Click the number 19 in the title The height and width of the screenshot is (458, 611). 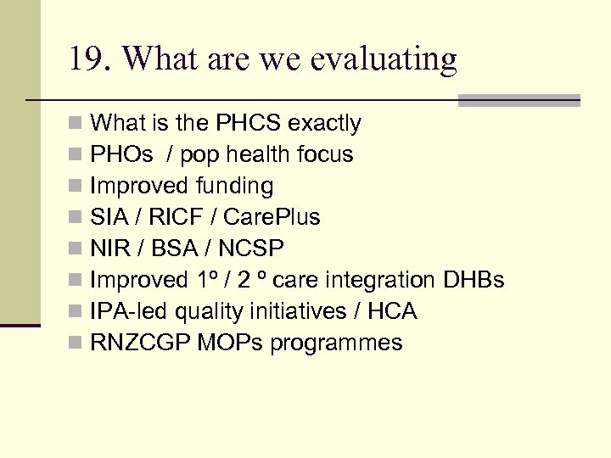click(87, 59)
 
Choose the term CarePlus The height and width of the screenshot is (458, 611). click(272, 218)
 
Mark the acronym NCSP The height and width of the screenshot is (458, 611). click(252, 249)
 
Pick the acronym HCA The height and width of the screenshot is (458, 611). click(392, 312)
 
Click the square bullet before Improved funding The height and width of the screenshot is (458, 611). click(76, 187)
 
